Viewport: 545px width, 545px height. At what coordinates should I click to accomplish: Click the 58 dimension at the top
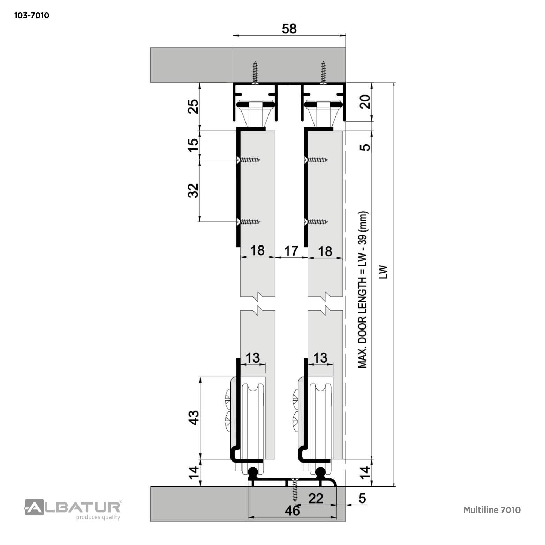289,29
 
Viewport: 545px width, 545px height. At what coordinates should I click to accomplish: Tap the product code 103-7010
32,16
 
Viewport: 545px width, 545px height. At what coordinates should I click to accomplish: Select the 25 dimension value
193,107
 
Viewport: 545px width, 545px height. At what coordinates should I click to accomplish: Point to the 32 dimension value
193,191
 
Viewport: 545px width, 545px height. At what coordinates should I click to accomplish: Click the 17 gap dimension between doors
291,250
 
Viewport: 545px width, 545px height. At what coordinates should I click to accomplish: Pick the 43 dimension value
194,417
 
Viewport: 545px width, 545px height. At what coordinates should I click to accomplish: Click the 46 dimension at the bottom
292,510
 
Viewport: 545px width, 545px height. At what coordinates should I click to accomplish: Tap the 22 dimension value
316,498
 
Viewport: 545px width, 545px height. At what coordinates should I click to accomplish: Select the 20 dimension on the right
365,102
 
